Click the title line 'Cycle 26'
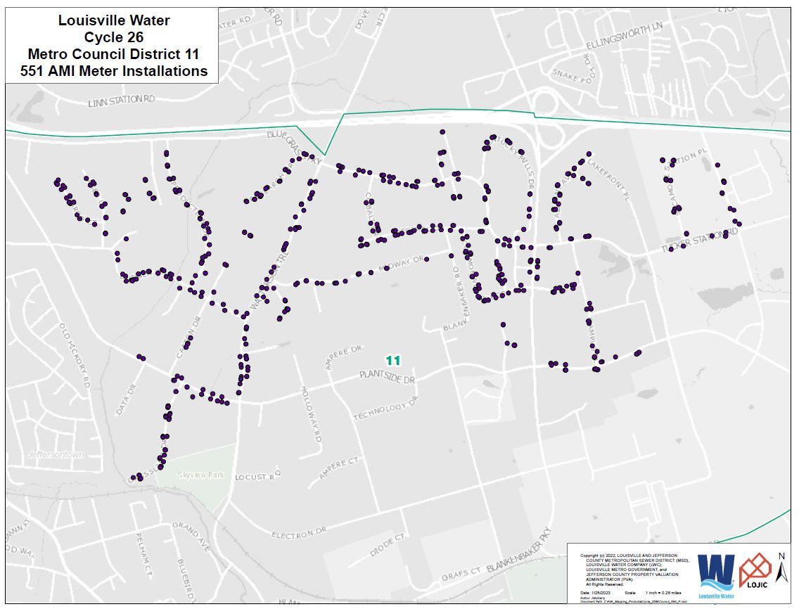pos(113,37)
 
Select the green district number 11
pos(393,360)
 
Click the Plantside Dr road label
pos(387,378)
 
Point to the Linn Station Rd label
pos(121,101)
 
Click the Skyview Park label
pos(200,475)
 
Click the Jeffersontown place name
pos(56,454)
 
